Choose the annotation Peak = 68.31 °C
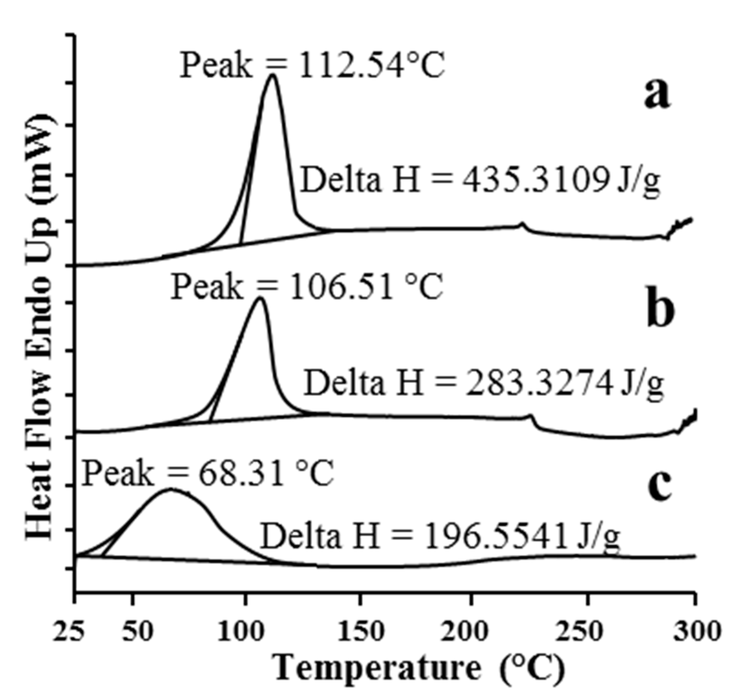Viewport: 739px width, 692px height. (x=207, y=474)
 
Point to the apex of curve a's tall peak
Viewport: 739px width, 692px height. (x=273, y=75)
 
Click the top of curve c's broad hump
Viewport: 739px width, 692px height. (x=171, y=489)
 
